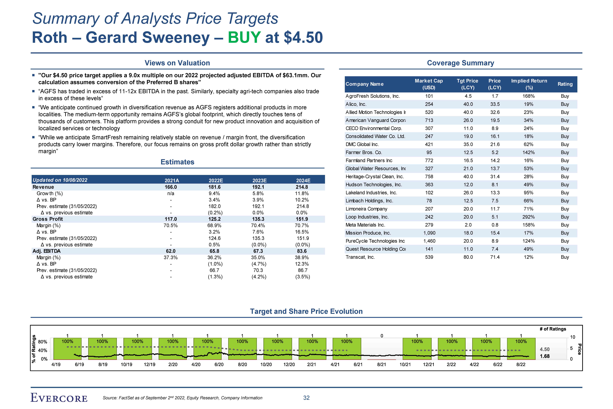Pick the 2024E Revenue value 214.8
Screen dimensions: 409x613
coord(303,187)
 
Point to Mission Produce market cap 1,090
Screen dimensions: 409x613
coord(429,233)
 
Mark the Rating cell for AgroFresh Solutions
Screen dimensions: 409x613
coord(565,96)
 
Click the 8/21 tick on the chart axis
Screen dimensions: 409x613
coord(382,364)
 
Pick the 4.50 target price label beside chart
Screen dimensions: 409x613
coord(544,349)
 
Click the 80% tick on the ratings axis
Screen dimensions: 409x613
coord(42,342)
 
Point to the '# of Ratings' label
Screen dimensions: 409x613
coord(553,329)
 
